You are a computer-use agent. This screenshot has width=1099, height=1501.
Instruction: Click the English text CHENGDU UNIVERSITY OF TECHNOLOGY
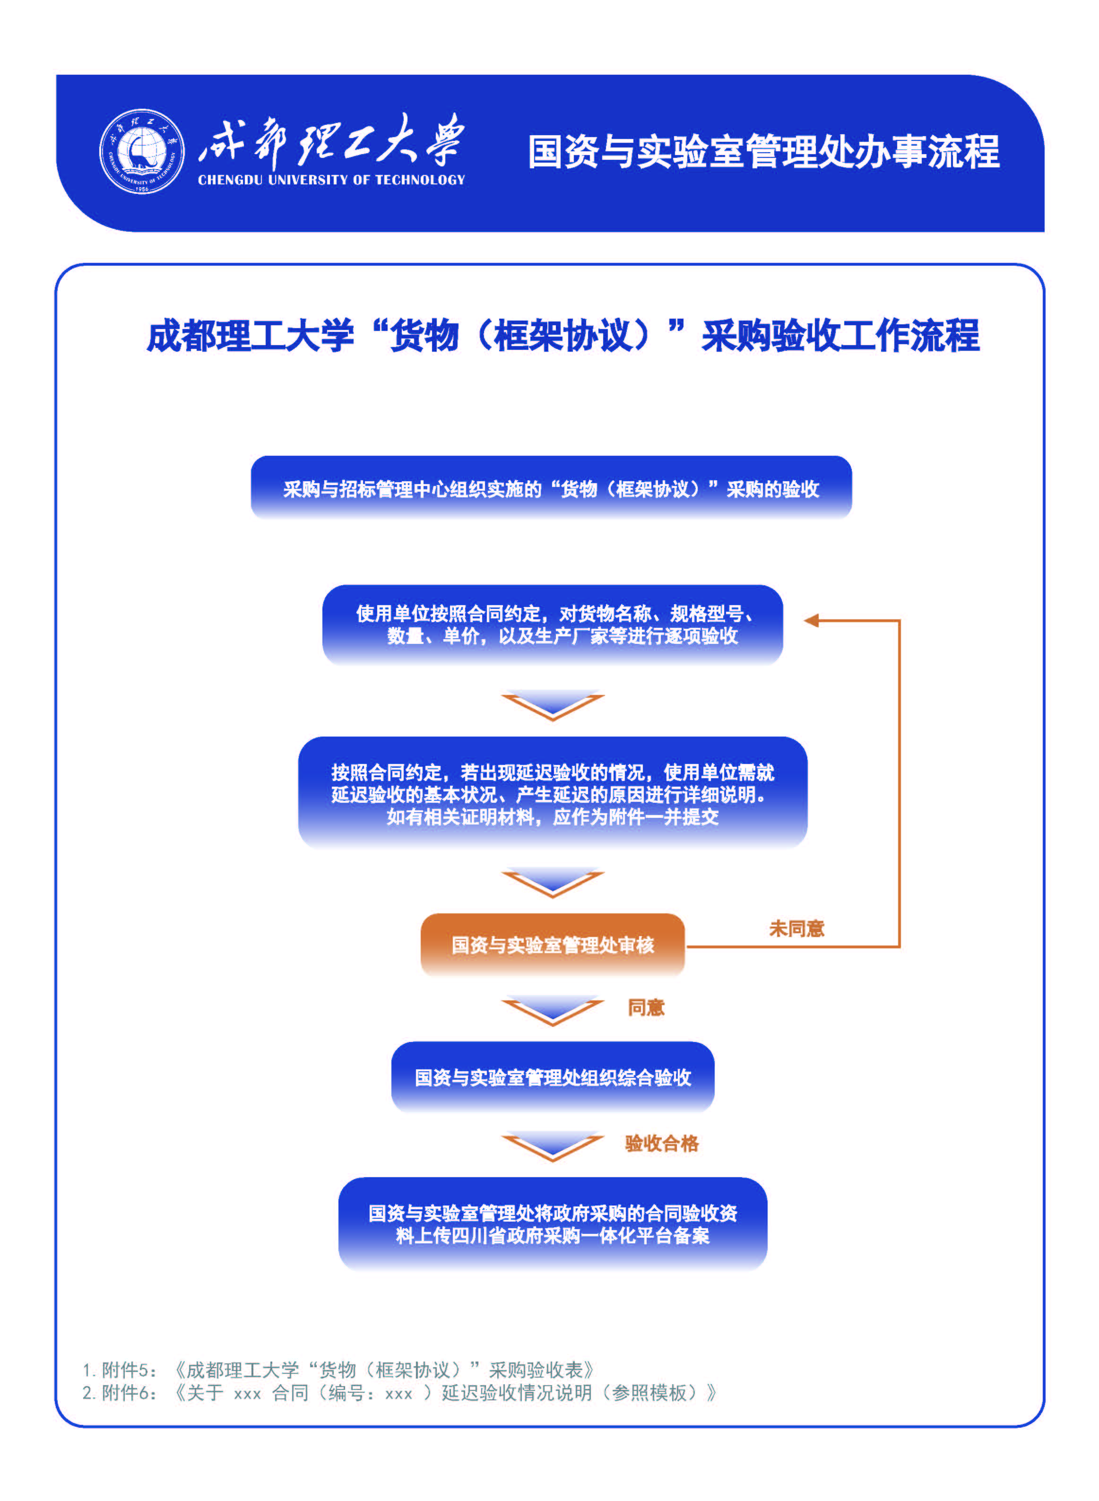point(331,180)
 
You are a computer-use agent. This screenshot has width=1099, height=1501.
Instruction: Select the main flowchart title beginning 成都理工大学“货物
point(563,335)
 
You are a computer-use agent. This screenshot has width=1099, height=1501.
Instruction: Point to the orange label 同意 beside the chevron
point(646,1007)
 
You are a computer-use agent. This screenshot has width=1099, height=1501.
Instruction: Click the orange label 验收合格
point(662,1143)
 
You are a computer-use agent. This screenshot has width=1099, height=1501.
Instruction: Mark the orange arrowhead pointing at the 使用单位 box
point(811,621)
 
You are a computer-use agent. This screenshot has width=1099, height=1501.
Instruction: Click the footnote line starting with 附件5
point(338,1370)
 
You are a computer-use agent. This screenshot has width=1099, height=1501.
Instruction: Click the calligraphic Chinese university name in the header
point(330,140)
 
